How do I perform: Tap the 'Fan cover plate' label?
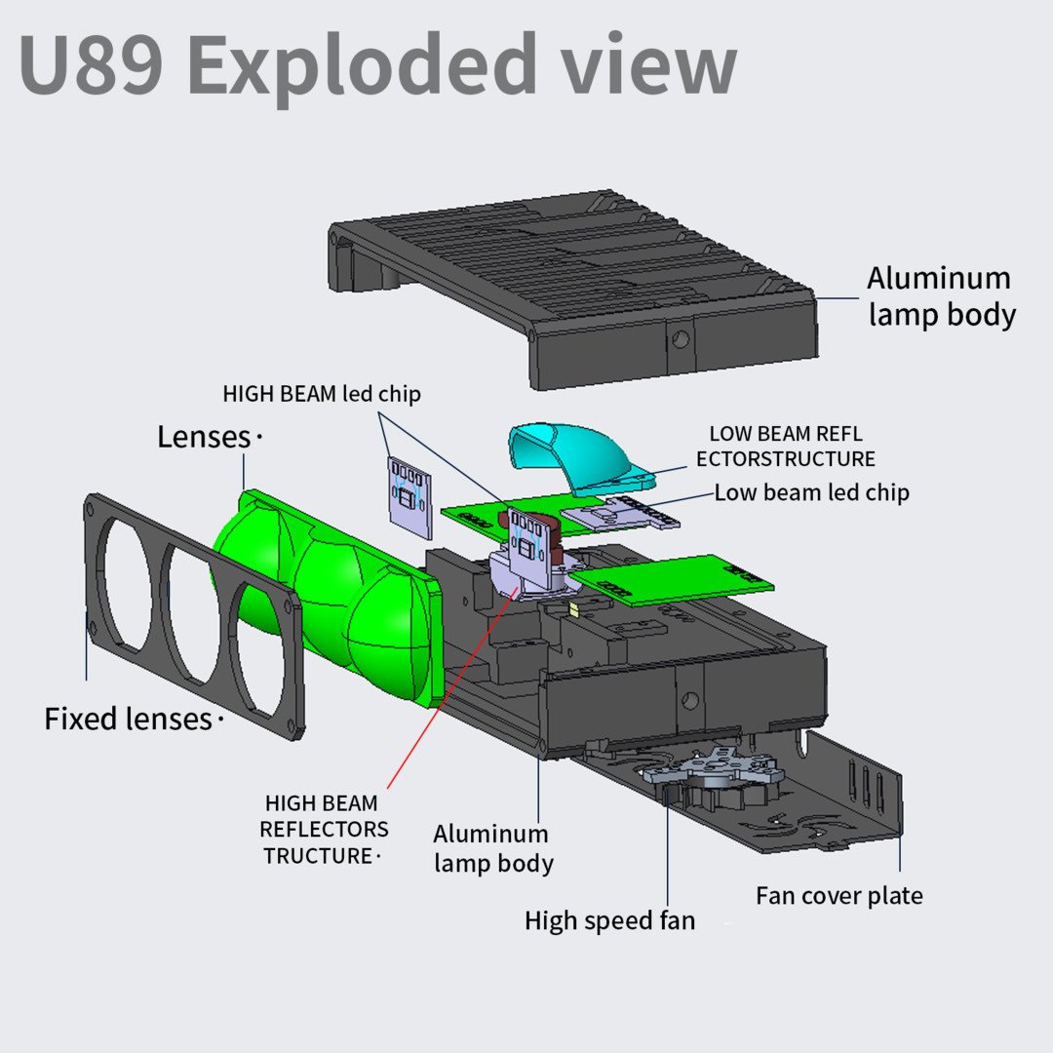tap(838, 895)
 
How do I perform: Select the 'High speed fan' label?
tap(609, 920)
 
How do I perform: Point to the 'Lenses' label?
tap(204, 437)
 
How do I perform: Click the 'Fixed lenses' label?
tap(128, 720)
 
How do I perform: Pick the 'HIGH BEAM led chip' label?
tap(322, 394)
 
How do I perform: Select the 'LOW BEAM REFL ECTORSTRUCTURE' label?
tap(785, 446)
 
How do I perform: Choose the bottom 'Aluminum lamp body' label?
tap(492, 848)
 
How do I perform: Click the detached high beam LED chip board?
tap(409, 497)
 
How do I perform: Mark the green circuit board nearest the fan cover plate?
tap(673, 579)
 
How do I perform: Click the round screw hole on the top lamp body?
tap(680, 339)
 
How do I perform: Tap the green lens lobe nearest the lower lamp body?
tap(390, 643)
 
